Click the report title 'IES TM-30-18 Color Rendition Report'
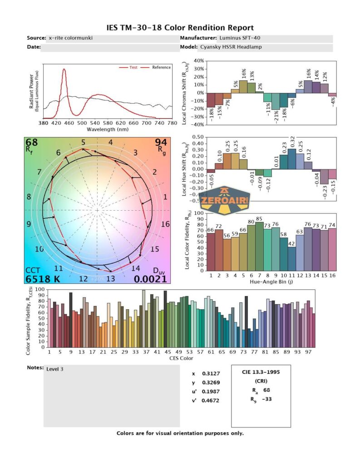tap(180, 28)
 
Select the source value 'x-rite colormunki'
tap(70, 38)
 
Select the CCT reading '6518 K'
tap(43, 279)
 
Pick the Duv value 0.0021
tap(152, 279)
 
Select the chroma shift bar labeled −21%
tap(276, 101)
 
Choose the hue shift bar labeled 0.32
tap(292, 159)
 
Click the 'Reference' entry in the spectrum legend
tap(161, 67)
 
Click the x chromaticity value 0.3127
tap(209, 374)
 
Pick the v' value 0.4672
tap(209, 401)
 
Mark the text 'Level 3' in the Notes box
tap(55, 369)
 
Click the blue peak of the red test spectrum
tap(64, 69)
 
